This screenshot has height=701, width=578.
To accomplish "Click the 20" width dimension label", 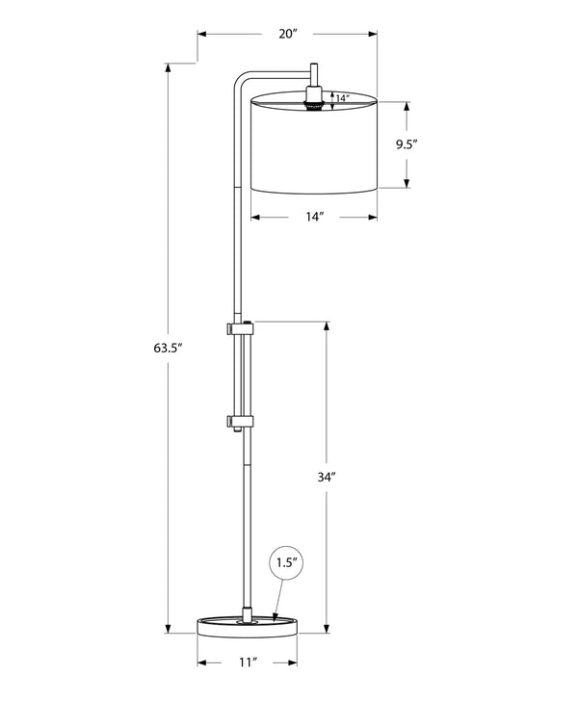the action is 288,34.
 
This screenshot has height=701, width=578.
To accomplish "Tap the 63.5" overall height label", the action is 169,348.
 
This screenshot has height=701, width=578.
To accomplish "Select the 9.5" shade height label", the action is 407,144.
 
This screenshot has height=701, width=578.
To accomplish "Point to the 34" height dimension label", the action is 327,477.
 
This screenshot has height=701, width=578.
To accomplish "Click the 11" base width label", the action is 247,662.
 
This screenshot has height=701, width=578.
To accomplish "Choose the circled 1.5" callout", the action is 286,562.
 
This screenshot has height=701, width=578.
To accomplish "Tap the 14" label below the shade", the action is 314,217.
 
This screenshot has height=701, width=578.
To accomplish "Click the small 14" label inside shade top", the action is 342,98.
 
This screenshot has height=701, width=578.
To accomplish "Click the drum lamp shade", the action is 314,143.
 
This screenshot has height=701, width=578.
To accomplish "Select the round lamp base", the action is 247,626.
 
